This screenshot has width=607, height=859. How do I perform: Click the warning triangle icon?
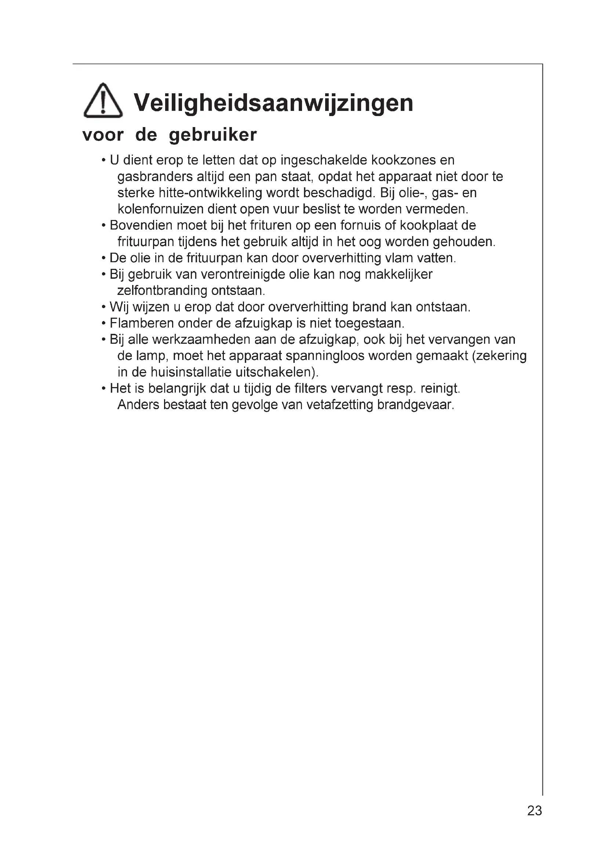tap(103, 101)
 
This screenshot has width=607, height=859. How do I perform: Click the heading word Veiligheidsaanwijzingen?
tap(274, 102)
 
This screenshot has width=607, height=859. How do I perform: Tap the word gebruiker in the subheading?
tap(213, 135)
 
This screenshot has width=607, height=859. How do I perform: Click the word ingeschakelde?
tap(324, 160)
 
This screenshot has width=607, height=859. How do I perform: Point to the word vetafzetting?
tap(339, 405)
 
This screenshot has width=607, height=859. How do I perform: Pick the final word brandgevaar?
tap(415, 405)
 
